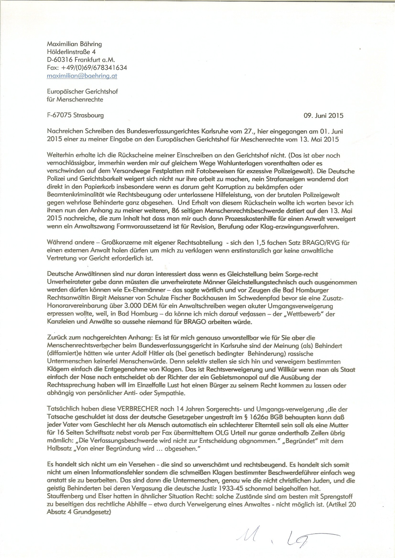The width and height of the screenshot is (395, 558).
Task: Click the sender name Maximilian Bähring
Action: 74,44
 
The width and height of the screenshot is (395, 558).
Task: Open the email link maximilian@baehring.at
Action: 82,76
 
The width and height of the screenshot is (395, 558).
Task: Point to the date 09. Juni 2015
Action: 323,116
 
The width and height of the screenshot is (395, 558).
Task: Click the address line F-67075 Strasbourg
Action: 75,115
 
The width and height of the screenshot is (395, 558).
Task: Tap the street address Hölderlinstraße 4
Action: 71,52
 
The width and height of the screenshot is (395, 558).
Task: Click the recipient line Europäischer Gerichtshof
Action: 82,91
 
